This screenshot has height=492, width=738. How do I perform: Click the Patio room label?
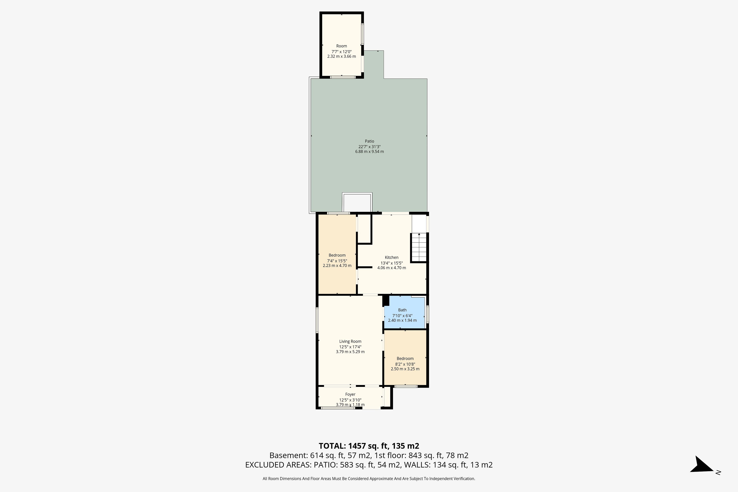[369, 141]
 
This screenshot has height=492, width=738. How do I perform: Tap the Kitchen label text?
[392, 257]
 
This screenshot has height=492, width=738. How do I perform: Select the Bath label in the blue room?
[402, 310]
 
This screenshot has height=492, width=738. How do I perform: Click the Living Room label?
[350, 341]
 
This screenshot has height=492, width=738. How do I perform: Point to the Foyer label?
[350, 394]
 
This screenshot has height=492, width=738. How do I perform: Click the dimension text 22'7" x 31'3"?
[369, 146]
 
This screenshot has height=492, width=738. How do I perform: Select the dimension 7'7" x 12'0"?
[341, 52]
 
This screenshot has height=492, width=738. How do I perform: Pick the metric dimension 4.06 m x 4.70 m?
[392, 268]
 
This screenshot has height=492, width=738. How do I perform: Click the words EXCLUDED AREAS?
[278, 465]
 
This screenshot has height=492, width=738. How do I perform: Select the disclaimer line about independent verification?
[369, 479]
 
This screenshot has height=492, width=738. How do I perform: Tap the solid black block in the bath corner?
[386, 301]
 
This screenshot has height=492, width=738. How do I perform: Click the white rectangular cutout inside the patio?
[357, 203]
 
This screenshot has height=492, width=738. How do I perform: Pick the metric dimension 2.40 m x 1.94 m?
[402, 320]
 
